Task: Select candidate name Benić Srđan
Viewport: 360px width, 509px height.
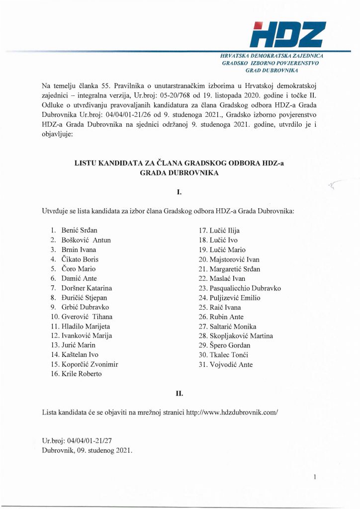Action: tap(79, 231)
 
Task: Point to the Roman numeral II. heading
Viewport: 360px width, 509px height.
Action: tap(180, 394)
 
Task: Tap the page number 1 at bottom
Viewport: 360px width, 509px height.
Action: tap(315, 477)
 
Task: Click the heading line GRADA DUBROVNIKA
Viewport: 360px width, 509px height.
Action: tap(180, 173)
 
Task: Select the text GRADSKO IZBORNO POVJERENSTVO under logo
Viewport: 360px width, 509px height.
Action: tap(270, 64)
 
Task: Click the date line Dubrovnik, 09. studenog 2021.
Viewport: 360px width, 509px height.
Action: tap(88, 450)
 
